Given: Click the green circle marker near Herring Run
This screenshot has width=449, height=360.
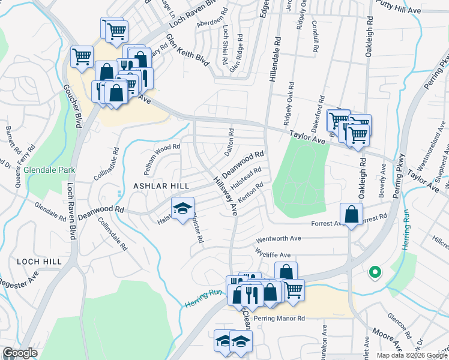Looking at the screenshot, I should [x=375, y=272].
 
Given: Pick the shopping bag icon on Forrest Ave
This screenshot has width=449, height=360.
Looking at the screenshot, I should [x=351, y=214].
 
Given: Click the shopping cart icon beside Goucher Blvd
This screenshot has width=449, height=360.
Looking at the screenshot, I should [x=82, y=56].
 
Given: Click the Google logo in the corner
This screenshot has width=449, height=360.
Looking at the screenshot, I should [x=20, y=353].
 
